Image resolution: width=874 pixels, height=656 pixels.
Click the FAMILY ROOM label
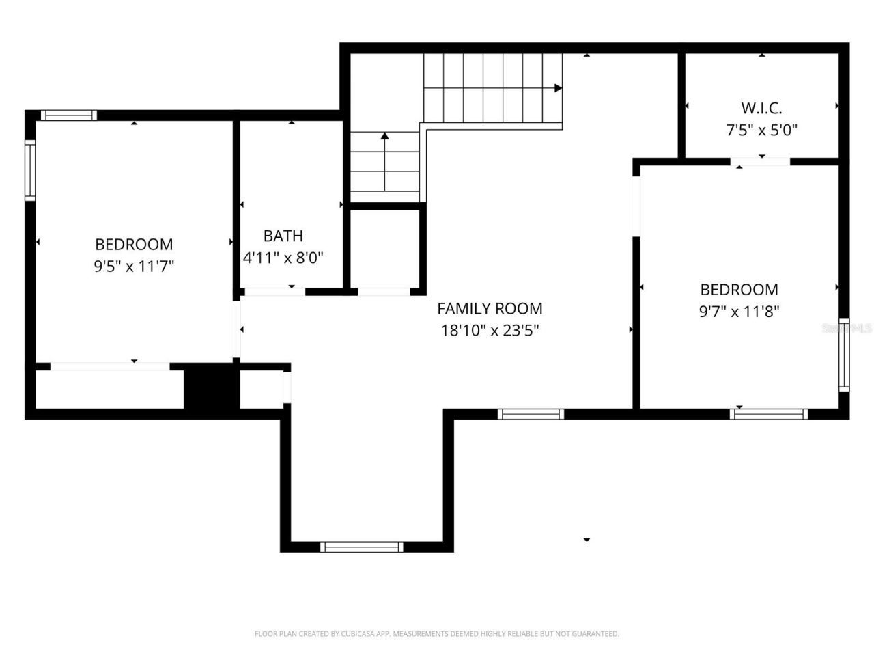[490, 308]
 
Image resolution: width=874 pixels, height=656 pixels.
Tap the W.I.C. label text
[761, 108]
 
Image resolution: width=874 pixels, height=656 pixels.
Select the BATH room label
[283, 236]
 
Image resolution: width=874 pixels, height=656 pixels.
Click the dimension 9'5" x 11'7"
[134, 266]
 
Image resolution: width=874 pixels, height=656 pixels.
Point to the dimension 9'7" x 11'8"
[739, 312]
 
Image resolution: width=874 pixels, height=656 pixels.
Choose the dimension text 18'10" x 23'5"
[490, 331]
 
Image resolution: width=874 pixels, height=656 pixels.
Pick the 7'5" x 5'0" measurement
[761, 130]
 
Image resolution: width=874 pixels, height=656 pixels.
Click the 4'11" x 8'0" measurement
[283, 258]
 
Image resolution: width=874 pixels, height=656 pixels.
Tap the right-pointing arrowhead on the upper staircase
[558, 88]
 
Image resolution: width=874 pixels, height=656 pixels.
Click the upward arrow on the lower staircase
[384, 137]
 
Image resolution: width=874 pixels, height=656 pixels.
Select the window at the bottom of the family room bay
[361, 547]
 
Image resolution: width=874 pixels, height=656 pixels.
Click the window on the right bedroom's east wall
[844, 355]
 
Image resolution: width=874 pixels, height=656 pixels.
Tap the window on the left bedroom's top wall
[68, 115]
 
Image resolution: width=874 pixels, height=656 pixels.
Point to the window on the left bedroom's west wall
[30, 170]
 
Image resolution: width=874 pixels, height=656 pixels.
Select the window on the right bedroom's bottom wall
[768, 413]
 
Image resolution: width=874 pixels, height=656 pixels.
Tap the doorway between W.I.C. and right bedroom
[761, 162]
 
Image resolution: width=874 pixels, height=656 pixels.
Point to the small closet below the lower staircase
[384, 249]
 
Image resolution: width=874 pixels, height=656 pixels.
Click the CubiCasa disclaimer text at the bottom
[436, 634]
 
